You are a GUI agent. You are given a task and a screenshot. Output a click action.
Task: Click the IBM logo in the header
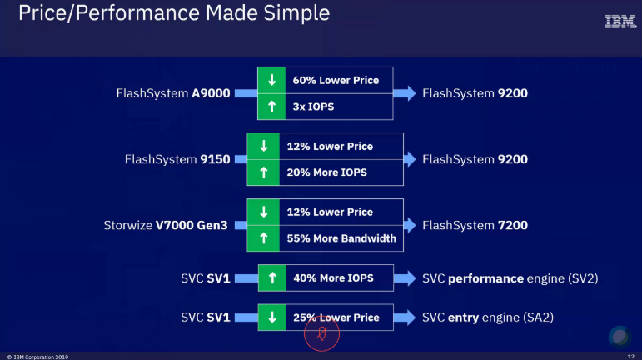pos(620,22)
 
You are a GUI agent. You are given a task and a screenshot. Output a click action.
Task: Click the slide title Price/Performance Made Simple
pos(173,13)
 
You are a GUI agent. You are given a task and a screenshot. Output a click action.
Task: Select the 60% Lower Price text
pos(336,81)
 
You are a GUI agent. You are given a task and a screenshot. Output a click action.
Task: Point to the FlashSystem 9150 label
pos(177,159)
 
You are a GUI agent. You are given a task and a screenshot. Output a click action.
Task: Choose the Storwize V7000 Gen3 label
pos(167,225)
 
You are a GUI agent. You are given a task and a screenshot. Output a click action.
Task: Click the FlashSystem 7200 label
pos(475,225)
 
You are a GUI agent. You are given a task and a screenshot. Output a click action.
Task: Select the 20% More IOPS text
pos(326,172)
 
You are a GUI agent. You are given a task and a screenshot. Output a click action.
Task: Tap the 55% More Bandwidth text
pos(341,237)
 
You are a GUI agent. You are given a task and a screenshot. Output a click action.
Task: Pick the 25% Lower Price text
pos(336,317)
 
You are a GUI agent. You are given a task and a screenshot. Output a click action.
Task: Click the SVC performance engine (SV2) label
pos(510,277)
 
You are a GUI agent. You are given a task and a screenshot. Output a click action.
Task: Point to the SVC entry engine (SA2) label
pos(488,317)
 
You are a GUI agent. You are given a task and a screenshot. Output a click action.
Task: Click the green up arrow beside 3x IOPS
pos(271,106)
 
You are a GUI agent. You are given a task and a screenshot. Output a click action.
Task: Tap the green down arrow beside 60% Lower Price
pos(271,81)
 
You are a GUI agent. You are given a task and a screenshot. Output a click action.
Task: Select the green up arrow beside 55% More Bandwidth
pos(264,237)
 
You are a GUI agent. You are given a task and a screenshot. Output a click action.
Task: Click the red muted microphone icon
pos(321,335)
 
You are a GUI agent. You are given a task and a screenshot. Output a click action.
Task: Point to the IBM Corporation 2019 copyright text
pos(38,357)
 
